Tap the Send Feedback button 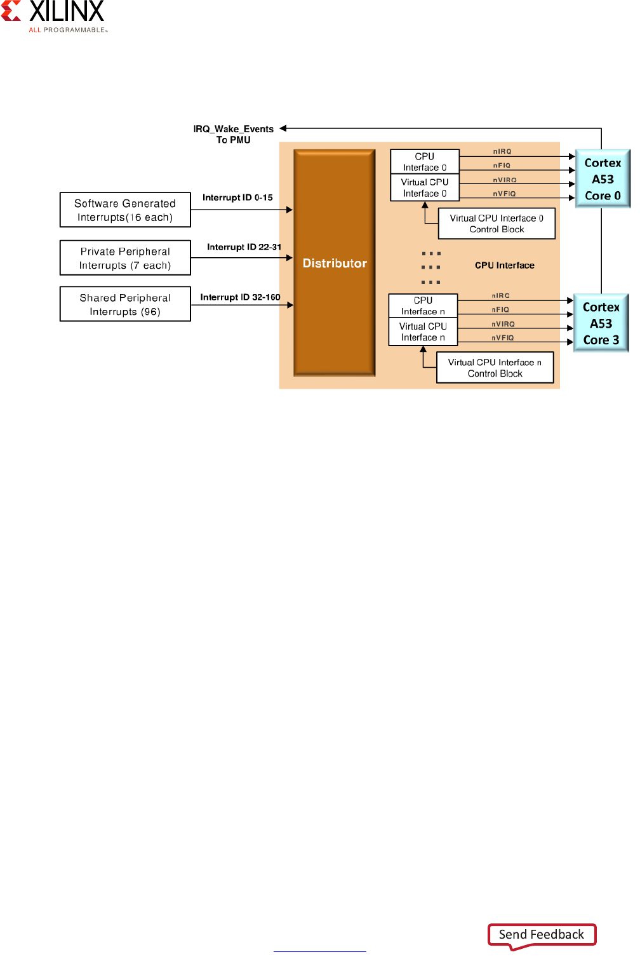click(542, 934)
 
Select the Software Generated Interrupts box click(125, 210)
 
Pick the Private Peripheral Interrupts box click(125, 258)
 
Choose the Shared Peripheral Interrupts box click(125, 304)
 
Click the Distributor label click(335, 264)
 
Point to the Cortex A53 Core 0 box click(603, 179)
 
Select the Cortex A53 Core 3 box click(601, 323)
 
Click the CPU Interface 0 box click(424, 161)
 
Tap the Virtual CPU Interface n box click(423, 332)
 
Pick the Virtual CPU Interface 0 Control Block click(497, 224)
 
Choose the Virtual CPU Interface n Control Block click(495, 368)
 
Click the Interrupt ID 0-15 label click(237, 198)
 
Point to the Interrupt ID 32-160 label click(240, 297)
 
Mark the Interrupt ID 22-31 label click(244, 247)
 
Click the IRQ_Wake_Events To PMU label click(234, 134)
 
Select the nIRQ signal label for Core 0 click(502, 152)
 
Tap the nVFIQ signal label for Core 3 click(503, 338)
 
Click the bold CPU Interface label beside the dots click(504, 265)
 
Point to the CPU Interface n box click(423, 306)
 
